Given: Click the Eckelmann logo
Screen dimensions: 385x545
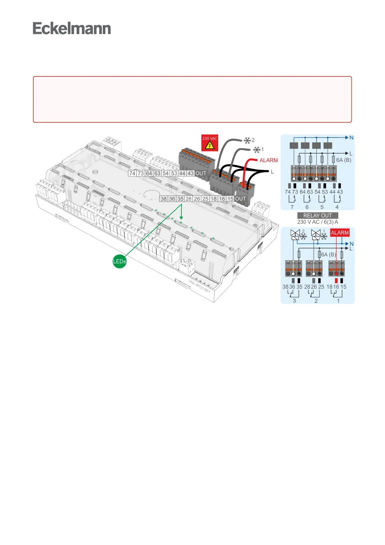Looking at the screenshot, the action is tap(72, 28).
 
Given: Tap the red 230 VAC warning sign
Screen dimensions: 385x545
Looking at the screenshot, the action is tap(210, 143).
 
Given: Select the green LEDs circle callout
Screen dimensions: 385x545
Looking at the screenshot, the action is tap(119, 261).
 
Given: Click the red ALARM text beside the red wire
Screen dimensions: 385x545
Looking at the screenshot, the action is tap(269, 160).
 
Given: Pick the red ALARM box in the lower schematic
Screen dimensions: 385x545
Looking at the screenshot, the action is tap(340, 233).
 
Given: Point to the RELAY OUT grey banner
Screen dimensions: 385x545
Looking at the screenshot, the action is tap(317, 216).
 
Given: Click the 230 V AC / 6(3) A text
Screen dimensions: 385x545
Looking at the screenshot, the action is tap(317, 222).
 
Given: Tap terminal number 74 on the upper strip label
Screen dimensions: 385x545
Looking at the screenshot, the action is tap(132, 173).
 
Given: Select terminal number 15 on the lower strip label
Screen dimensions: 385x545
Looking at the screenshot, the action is tap(230, 199).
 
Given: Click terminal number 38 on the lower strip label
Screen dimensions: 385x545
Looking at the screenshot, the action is tap(164, 199).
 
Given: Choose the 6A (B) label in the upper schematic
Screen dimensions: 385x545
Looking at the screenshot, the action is tap(344, 160).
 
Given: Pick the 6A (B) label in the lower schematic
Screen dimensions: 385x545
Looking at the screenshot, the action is tap(328, 254).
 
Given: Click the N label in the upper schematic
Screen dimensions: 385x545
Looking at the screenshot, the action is tap(351, 138).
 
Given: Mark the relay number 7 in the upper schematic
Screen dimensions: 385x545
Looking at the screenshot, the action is tap(292, 207).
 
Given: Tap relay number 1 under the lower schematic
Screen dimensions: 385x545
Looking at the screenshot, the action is tap(338, 301).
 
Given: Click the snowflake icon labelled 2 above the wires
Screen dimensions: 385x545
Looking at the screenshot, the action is tap(247, 140).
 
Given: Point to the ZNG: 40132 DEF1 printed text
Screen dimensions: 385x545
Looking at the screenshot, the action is tap(199, 287).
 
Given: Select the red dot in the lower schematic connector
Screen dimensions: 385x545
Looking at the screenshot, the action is tap(336, 273).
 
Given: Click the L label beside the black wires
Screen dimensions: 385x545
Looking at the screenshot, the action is tap(272, 172).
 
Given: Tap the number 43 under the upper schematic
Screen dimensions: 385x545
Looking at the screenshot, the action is tap(340, 192).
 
